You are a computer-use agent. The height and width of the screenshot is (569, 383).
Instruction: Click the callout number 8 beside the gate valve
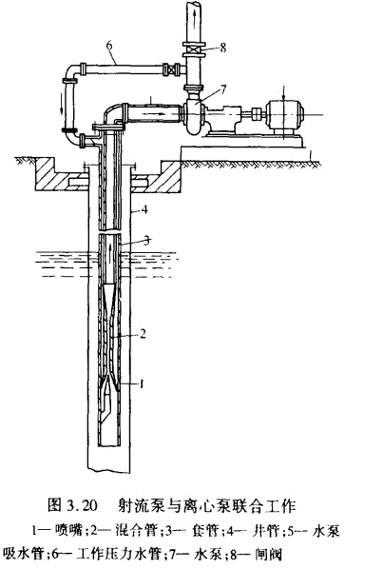[222, 48]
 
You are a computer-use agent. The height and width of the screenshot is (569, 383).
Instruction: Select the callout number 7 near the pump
[222, 89]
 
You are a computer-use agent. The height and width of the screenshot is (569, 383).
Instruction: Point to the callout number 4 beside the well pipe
[144, 209]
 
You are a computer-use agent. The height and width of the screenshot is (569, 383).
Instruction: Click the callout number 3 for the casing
[146, 241]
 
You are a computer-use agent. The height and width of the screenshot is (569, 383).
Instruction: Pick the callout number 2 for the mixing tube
[143, 333]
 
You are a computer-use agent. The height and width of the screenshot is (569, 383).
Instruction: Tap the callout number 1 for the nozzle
[142, 383]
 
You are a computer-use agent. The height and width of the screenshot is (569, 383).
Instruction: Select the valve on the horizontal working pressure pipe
[172, 69]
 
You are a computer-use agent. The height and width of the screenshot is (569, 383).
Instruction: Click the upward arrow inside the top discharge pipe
[196, 17]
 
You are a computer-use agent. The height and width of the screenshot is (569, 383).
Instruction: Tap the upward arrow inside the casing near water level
[109, 251]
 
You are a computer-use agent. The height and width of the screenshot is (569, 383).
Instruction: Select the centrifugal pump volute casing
[193, 115]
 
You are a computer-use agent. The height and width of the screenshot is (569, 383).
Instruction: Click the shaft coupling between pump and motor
[256, 113]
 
